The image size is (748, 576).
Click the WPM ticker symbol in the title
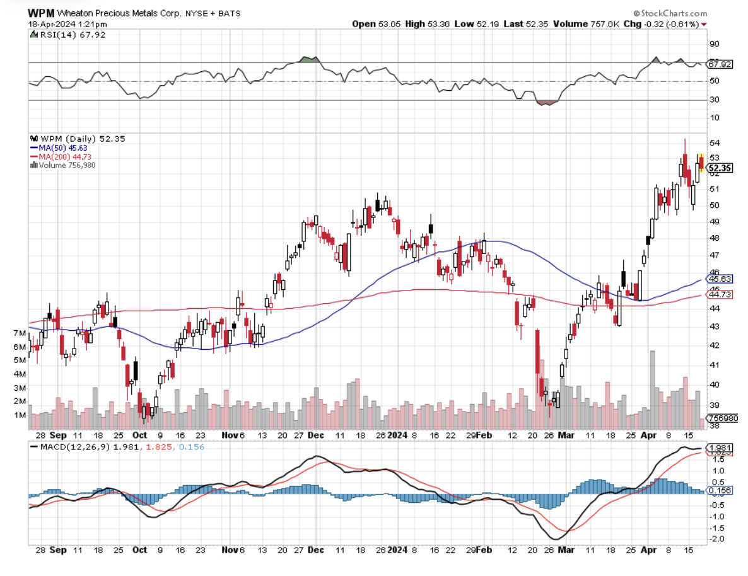[x=40, y=13]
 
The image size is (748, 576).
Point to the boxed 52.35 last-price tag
[x=719, y=168]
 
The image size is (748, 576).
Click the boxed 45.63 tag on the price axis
[x=719, y=279]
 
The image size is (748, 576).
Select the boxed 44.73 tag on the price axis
[x=719, y=294]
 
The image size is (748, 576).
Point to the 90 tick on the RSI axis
[x=714, y=44]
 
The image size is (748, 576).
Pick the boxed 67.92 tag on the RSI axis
[x=719, y=64]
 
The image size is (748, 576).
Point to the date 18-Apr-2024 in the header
[x=50, y=24]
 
